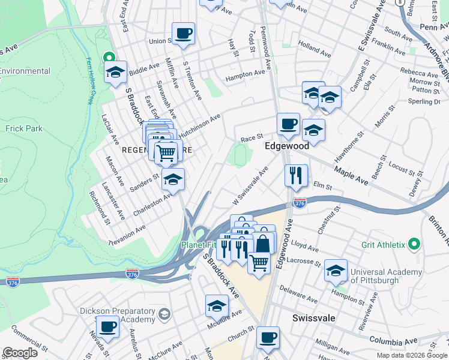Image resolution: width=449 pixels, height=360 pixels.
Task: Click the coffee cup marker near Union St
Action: click(183, 34)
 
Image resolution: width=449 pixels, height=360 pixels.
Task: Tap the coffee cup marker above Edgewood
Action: click(288, 124)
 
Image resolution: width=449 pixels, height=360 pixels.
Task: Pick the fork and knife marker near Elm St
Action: click(296, 176)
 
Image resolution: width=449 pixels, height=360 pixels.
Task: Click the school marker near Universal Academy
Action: click(336, 271)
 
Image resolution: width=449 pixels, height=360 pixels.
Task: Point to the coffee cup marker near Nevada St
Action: click(108, 328)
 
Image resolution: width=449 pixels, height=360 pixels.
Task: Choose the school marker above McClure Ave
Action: click(217, 307)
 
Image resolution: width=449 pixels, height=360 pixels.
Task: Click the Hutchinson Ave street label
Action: click(199, 123)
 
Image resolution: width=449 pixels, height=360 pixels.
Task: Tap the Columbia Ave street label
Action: click(393, 340)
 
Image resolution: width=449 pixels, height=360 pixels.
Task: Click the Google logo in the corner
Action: click(20, 353)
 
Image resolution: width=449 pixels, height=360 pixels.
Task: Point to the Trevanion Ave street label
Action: click(127, 231)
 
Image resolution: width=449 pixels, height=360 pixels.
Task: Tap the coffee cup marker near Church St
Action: click(268, 338)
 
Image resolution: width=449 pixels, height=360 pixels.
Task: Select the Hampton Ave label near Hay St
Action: click(245, 76)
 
